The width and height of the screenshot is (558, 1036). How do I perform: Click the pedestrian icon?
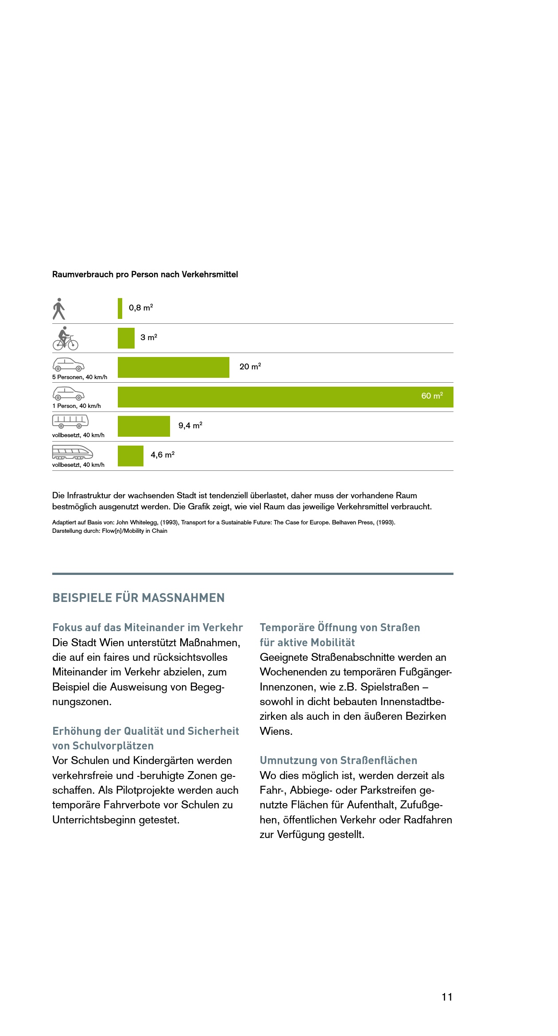pos(59,309)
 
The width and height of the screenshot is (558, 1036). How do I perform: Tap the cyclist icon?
pos(66,338)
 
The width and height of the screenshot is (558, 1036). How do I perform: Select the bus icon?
pos(70,421)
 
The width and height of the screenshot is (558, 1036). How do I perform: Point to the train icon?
pos(73,452)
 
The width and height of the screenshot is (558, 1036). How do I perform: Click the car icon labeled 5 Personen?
pos(69,364)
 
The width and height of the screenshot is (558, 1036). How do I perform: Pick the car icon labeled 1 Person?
pos(69,393)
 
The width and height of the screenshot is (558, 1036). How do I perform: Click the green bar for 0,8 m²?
pos(120,308)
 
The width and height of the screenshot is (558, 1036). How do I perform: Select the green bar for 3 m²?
pos(126,338)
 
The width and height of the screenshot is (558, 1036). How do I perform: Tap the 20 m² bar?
pos(173,367)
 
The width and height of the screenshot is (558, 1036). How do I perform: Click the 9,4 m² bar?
pos(143,426)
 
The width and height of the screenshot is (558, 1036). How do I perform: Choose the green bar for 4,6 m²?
pos(130,456)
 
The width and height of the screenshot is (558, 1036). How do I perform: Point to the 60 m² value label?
pos(432,396)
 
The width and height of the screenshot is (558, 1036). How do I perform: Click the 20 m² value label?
pos(250,367)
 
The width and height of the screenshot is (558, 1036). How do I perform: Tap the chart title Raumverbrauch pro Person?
pos(145,275)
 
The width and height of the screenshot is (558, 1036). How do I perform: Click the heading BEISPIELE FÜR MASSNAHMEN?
pos(139,598)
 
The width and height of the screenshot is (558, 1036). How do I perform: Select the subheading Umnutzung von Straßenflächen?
pos(338,761)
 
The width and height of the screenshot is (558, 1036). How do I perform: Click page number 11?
pos(447,997)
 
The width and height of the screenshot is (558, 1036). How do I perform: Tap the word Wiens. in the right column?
pos(276,731)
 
